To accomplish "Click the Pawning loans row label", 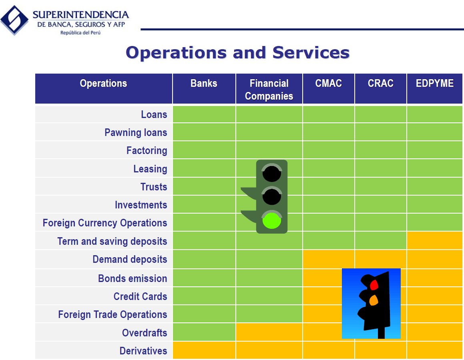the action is point(136,132).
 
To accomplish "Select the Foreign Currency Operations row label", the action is point(105,223).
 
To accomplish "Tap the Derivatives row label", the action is point(143,351).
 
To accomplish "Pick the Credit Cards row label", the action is point(140,296).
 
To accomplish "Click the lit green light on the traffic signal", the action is point(272,220).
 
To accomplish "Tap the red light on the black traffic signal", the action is point(374,285).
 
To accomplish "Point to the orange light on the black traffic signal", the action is point(374,300).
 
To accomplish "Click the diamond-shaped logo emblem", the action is point(14,20).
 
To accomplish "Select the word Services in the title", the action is point(311,53).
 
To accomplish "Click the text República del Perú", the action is point(80,33).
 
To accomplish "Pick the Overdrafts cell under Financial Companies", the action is point(269,332).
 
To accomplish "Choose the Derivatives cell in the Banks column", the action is point(204,350).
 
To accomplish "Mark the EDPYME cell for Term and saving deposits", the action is point(435,240).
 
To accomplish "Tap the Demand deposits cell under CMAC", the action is point(328,259).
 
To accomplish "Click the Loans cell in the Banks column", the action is point(204,114).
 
